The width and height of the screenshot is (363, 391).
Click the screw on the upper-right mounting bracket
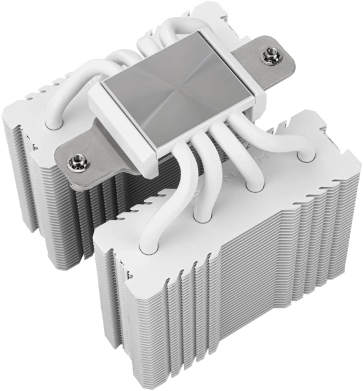268,57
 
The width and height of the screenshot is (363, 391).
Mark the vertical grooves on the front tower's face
182,306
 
